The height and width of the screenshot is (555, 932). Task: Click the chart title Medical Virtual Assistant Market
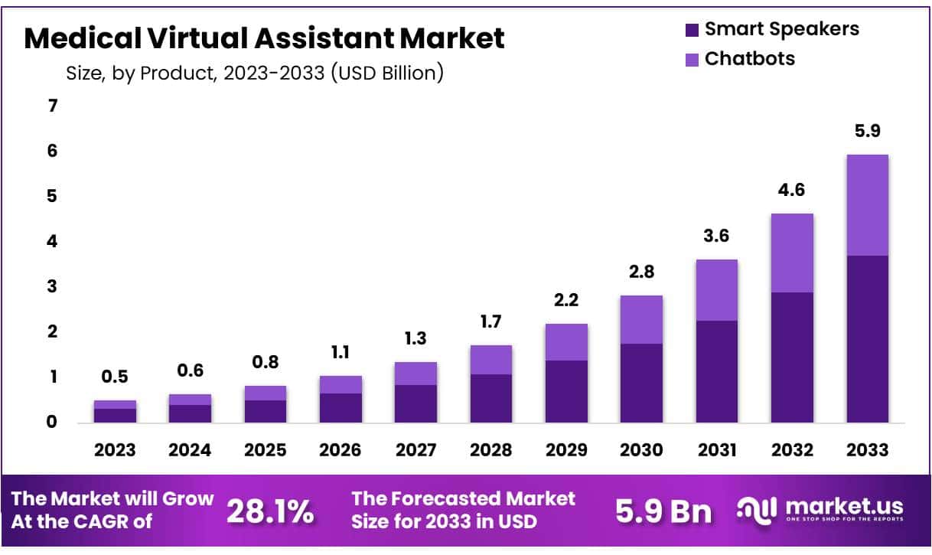click(264, 38)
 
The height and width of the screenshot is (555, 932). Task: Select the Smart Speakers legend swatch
click(692, 30)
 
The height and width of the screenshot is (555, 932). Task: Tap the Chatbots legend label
click(749, 58)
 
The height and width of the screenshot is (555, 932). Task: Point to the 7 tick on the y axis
click(53, 106)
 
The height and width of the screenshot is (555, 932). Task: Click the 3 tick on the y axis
click(53, 286)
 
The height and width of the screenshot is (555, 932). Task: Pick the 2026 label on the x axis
click(341, 450)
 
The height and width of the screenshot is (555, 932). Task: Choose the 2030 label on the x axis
click(641, 450)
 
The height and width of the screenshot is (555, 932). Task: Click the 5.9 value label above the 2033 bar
click(867, 131)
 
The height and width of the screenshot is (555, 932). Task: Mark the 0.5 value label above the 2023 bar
click(115, 377)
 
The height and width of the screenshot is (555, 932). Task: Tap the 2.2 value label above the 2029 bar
click(566, 301)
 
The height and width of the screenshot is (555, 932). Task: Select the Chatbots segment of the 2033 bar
click(867, 205)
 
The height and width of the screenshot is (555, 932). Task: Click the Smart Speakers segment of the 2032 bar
click(792, 357)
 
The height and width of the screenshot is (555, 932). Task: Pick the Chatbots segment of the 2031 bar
click(716, 290)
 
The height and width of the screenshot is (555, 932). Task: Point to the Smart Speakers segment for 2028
click(491, 398)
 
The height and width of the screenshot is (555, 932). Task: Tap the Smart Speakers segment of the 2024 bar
click(190, 413)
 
